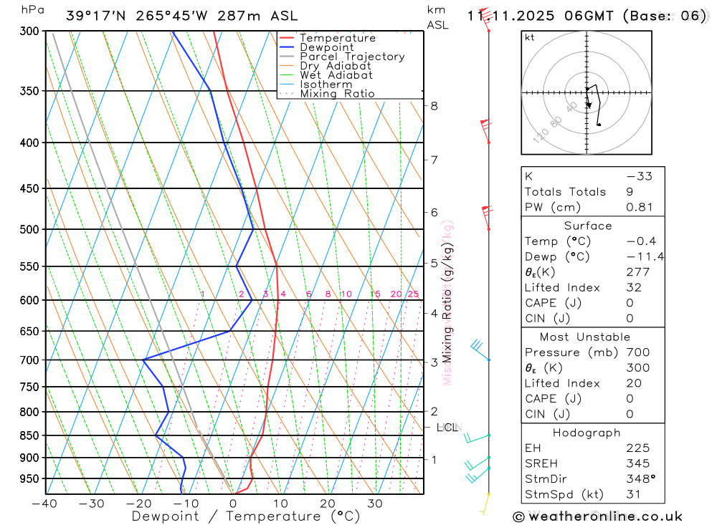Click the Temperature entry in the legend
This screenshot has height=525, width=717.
coord(337,38)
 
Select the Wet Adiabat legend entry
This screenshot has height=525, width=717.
coord(336,75)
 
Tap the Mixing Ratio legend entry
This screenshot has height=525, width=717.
coord(337,94)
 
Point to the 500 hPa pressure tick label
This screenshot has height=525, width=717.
coord(29,229)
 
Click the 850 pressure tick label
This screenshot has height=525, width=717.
coord(29,435)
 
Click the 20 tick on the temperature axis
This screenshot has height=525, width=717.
coord(328,503)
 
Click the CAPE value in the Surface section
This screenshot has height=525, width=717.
coord(630,303)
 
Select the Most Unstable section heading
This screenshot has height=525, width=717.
coord(585,337)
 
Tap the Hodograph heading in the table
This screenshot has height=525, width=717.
coord(587,433)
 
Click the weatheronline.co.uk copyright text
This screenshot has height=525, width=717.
coord(598,516)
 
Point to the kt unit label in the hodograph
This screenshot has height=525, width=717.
coord(530,37)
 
